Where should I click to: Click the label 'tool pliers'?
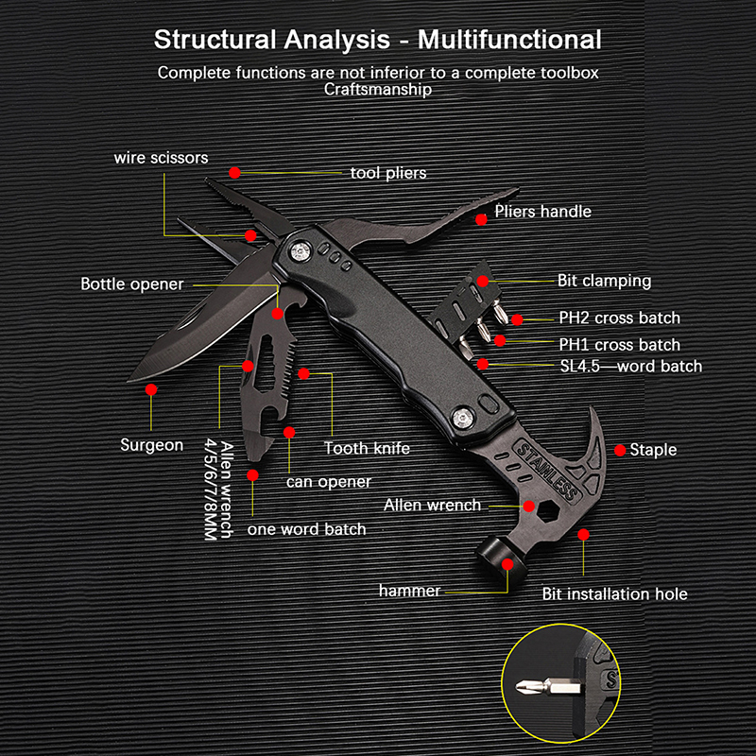(x=387, y=173)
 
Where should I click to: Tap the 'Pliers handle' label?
(x=542, y=212)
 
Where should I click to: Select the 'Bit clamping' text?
(x=604, y=281)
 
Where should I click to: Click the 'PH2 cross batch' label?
(x=619, y=318)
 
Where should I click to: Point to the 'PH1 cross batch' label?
(x=619, y=345)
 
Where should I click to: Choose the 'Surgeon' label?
(x=151, y=444)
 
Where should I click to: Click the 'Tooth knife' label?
(x=367, y=448)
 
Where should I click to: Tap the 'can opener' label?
(x=329, y=482)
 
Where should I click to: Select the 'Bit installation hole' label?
(x=614, y=594)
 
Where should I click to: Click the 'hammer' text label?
(x=409, y=591)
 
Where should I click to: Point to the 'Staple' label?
(x=653, y=450)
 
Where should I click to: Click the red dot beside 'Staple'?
(x=621, y=449)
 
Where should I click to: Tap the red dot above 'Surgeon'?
(x=150, y=388)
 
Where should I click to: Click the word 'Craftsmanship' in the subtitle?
(x=378, y=90)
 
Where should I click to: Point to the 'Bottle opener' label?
(x=131, y=283)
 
